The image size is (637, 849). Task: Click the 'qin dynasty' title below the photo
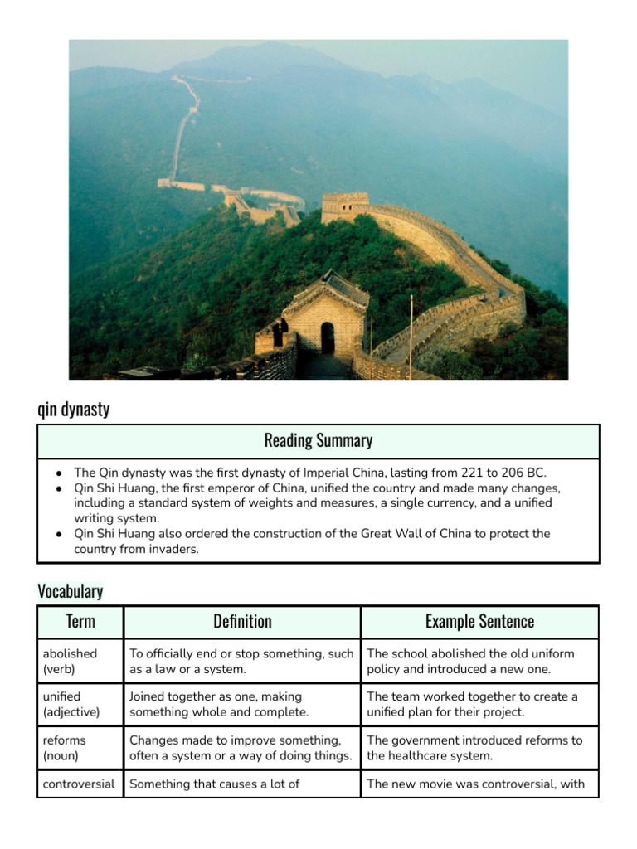(x=73, y=409)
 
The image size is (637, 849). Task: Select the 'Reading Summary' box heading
(x=318, y=440)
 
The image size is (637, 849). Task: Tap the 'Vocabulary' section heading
(x=71, y=590)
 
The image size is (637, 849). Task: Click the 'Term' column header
(x=80, y=621)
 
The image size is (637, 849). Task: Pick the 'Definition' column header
(x=242, y=621)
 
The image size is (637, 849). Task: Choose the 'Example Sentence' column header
(x=479, y=621)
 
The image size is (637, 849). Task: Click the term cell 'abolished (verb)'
(x=71, y=661)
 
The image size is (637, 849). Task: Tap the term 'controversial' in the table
(x=79, y=784)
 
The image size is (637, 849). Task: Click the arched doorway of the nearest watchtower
(x=328, y=337)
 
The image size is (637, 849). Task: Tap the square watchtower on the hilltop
(x=344, y=206)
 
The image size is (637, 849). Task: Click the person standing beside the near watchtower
(x=279, y=332)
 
